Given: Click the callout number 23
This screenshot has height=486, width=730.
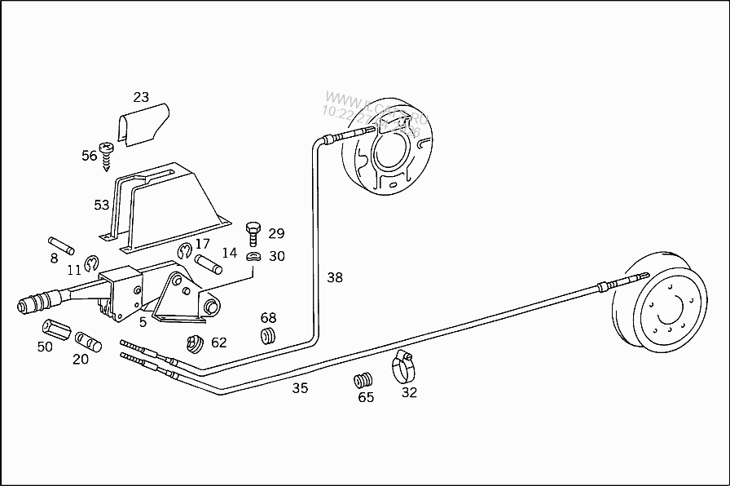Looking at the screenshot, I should (x=141, y=97).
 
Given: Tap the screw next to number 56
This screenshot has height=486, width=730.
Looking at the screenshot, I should (x=107, y=154).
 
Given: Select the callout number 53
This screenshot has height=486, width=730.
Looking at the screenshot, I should (x=101, y=205).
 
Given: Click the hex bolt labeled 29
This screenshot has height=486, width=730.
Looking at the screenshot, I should (x=252, y=232).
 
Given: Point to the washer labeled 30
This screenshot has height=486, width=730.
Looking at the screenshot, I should (x=253, y=258).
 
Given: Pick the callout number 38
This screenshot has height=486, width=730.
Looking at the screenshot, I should (x=335, y=277).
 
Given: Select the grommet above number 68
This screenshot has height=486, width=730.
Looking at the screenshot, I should (x=268, y=336).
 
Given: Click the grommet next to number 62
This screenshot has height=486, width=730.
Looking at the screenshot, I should (x=195, y=343).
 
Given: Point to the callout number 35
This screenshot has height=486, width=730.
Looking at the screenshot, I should (x=301, y=388).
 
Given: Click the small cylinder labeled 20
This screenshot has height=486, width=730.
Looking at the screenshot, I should (x=88, y=341).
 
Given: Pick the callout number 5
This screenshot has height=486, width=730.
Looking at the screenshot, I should (x=143, y=322).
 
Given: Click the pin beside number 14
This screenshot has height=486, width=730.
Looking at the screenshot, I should (x=208, y=265).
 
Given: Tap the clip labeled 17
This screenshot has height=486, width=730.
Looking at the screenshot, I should (x=184, y=250).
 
